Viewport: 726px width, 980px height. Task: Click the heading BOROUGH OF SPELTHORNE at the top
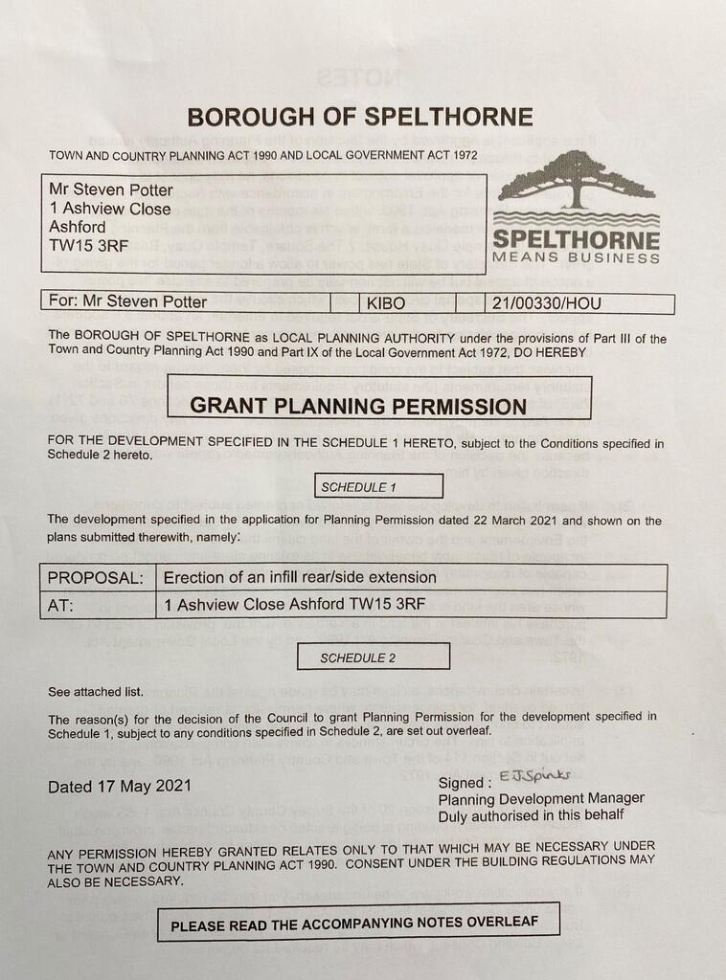coord(360,117)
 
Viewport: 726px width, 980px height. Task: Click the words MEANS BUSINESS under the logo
coord(576,257)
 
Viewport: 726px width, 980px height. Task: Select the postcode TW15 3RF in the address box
coord(84,245)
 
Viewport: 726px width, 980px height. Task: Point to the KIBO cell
coord(387,303)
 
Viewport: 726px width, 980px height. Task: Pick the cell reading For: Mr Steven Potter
coord(127,302)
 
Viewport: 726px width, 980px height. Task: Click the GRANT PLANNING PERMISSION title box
coord(358,404)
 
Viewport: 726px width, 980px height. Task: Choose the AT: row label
coord(62,605)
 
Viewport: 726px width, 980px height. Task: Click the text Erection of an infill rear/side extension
coord(300,578)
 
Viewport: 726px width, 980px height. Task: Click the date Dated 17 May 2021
coord(120,787)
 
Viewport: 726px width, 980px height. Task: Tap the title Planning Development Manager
coord(541,798)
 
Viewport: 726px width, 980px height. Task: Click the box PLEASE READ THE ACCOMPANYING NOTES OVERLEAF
coord(358,925)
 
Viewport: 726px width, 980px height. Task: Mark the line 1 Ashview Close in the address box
coord(110,209)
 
